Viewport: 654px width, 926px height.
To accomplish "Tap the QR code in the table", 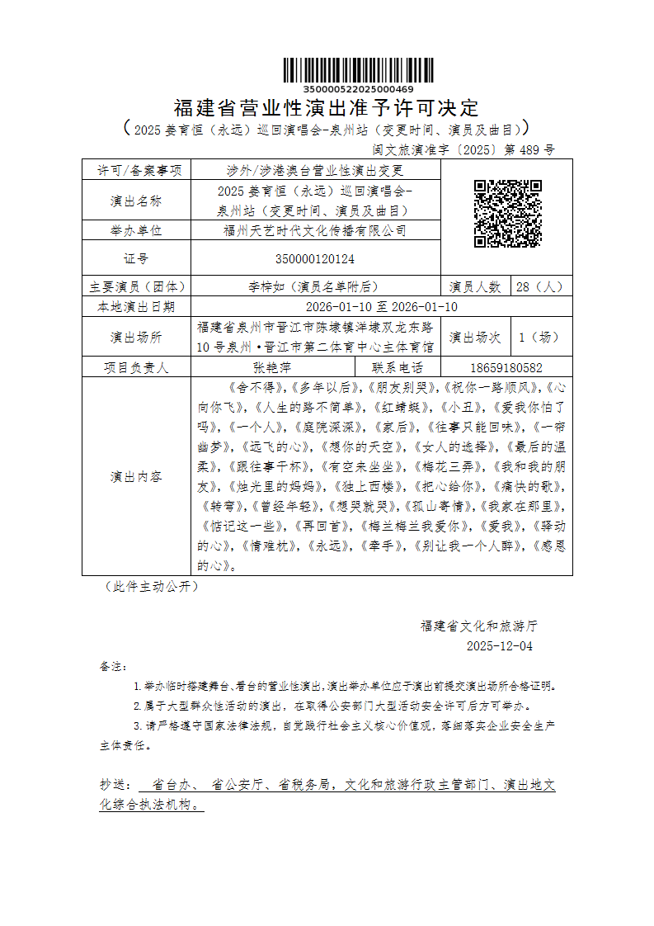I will tap(507, 214).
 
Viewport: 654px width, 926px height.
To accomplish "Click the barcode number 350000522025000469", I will tap(359, 88).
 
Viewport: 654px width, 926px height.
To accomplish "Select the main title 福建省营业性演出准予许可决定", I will tap(327, 108).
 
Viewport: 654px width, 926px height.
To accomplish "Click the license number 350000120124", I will tap(315, 258).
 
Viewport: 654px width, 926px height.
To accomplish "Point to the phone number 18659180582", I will tap(506, 368).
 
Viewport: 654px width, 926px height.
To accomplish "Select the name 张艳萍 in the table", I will tap(272, 368).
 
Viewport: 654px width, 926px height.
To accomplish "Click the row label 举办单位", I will tap(136, 231).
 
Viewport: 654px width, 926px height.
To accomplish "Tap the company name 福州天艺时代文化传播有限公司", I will tap(315, 231).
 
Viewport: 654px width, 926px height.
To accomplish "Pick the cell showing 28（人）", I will tap(540, 287).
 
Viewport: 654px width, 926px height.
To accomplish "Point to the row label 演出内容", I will tap(136, 476).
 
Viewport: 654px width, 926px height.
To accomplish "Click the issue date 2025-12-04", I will tap(500, 646).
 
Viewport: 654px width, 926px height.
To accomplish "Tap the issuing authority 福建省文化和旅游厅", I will tap(479, 626).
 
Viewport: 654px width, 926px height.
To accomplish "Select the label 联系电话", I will tap(398, 368).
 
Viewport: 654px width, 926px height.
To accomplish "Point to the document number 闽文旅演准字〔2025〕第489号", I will tap(464, 150).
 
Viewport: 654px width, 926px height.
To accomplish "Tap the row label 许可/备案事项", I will tap(136, 171).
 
